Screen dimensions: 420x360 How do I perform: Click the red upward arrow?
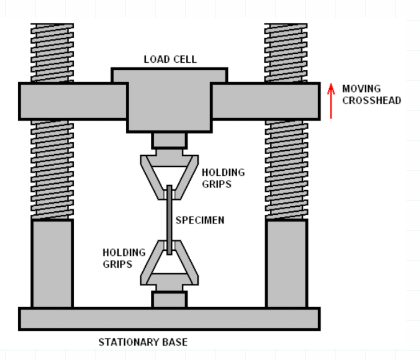point(331,101)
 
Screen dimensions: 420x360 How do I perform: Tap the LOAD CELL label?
point(170,59)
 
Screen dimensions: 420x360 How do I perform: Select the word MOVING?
point(361,89)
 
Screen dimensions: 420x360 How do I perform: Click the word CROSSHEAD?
point(372,100)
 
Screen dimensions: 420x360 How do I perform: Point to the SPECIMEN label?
point(200,220)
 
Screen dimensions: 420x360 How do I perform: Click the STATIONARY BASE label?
point(143,342)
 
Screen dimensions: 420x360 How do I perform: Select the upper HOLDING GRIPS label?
point(223,178)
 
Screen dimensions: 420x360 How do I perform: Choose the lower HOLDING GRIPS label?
point(124,258)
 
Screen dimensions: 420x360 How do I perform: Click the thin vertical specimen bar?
point(169,220)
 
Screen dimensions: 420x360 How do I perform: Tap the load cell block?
point(169,100)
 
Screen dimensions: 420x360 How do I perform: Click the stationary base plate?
point(169,319)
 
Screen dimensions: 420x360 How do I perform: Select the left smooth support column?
point(52,263)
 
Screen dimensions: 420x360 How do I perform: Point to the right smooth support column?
point(286,263)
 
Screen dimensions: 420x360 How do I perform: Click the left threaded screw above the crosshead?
point(52,53)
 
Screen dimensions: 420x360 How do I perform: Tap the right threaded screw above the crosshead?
point(286,53)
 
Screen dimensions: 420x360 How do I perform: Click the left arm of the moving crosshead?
point(73,101)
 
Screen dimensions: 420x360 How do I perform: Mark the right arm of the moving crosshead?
point(266,101)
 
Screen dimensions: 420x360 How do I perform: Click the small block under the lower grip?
point(169,299)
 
